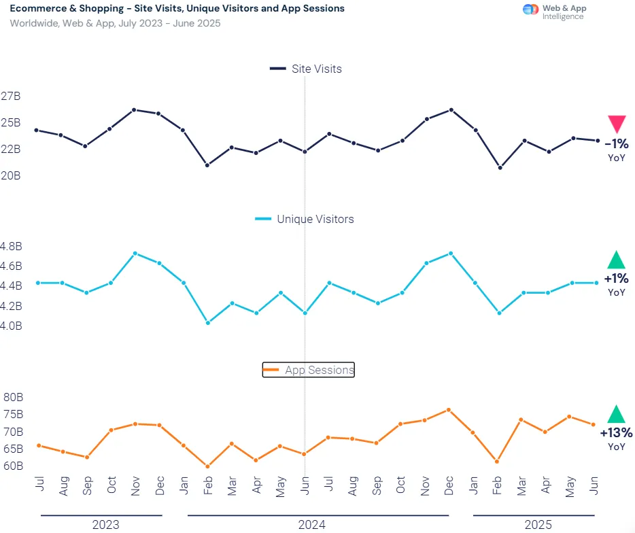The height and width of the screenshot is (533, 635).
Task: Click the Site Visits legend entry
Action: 306,69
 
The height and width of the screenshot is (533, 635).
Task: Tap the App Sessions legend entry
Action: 309,370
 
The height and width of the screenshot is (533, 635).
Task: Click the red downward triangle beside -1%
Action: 617,124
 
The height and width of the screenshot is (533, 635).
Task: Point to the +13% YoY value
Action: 616,432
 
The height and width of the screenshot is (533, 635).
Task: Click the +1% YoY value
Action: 616,278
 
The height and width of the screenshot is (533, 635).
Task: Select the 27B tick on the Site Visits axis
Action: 10,97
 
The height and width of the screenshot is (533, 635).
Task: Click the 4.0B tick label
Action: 12,326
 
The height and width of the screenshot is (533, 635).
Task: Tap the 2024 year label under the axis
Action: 311,525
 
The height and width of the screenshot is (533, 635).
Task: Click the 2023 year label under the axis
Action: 105,525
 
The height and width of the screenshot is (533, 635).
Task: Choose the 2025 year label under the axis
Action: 538,525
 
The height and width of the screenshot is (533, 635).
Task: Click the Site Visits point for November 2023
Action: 134,109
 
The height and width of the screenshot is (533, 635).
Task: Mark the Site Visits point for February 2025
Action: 500,167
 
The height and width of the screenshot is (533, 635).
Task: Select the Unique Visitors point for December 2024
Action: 451,254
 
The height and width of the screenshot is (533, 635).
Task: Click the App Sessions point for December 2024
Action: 449,410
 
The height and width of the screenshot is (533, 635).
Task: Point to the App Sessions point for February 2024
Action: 207,466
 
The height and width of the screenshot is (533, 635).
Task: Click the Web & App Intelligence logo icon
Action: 530,10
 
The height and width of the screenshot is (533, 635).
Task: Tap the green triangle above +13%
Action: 616,415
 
